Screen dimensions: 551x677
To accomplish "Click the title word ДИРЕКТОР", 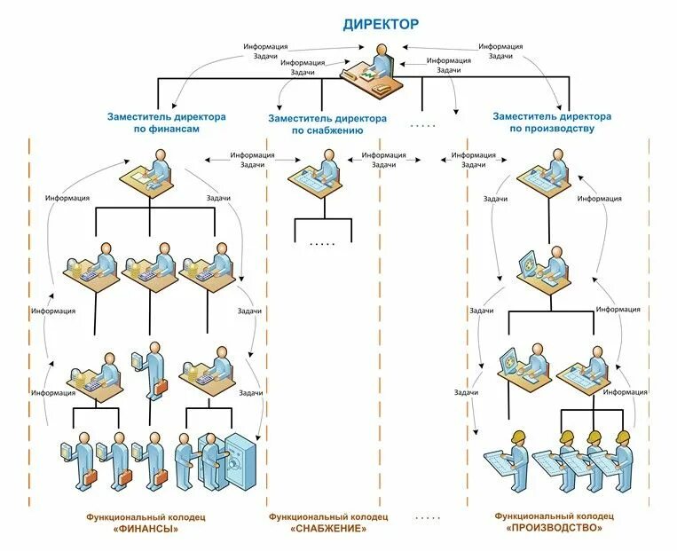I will [x=381, y=25].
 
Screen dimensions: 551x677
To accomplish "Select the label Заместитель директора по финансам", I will [x=166, y=122].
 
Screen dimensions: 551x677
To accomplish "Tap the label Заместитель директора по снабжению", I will [x=327, y=123].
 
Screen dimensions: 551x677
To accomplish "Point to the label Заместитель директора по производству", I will [x=551, y=122].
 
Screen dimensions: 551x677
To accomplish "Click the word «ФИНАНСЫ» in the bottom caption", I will [x=140, y=529].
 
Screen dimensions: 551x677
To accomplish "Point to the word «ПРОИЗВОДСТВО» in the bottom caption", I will [x=555, y=528].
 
